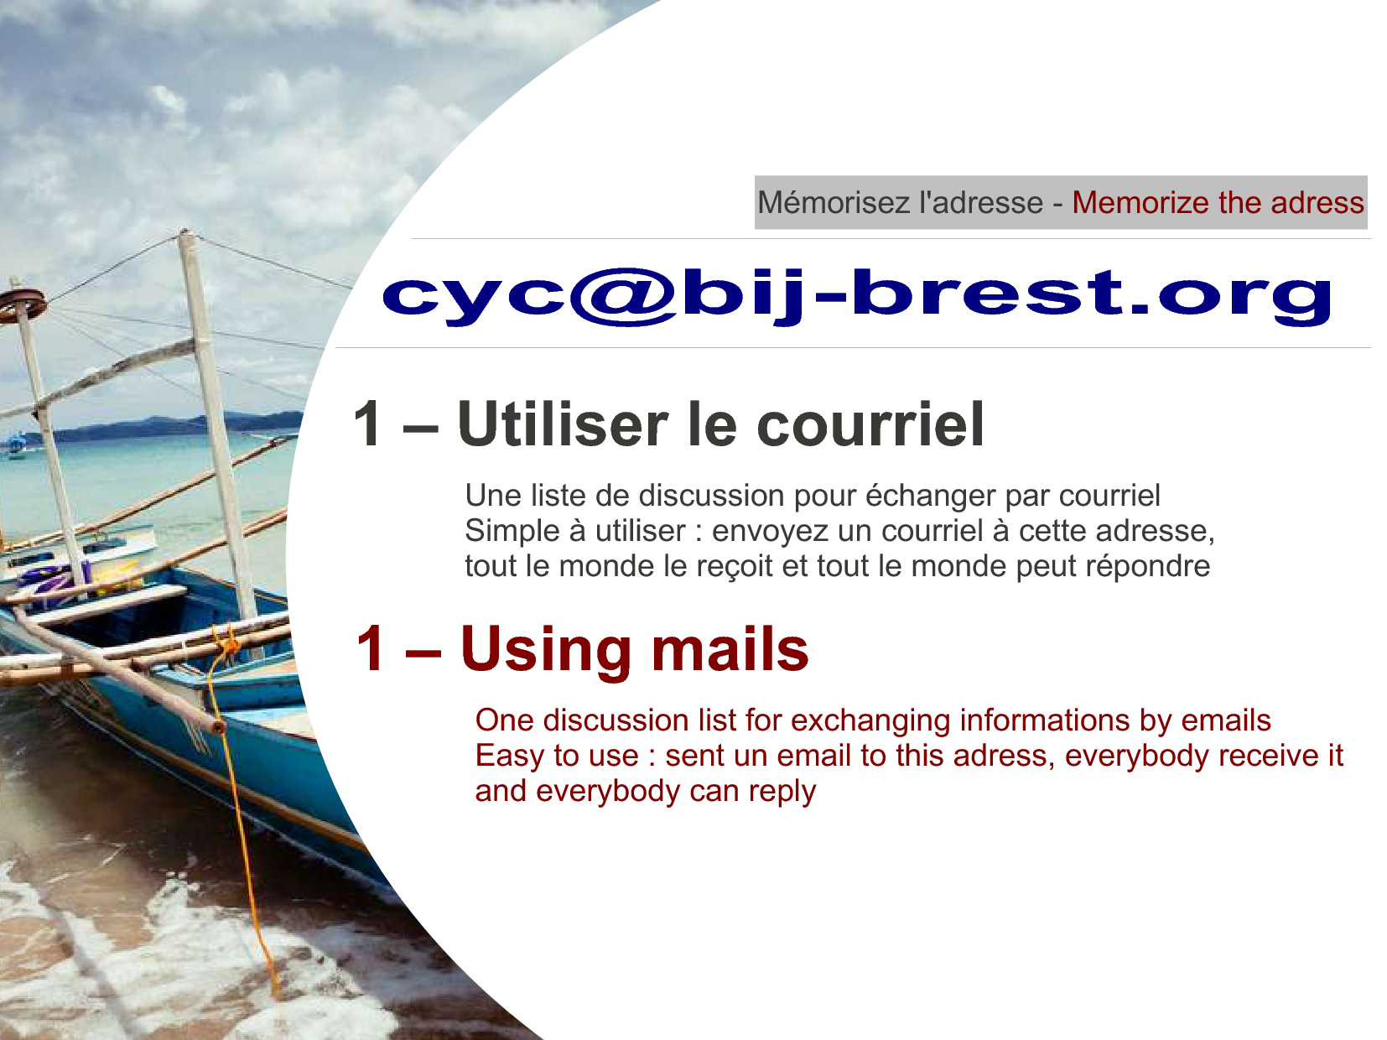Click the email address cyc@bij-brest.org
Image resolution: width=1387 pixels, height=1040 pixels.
click(x=858, y=296)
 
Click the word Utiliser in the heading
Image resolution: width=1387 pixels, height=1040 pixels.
click(x=563, y=424)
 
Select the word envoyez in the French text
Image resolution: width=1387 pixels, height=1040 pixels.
click(x=770, y=532)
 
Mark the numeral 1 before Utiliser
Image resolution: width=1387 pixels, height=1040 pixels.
click(x=367, y=424)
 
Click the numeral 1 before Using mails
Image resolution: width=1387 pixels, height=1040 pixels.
click(x=370, y=649)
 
